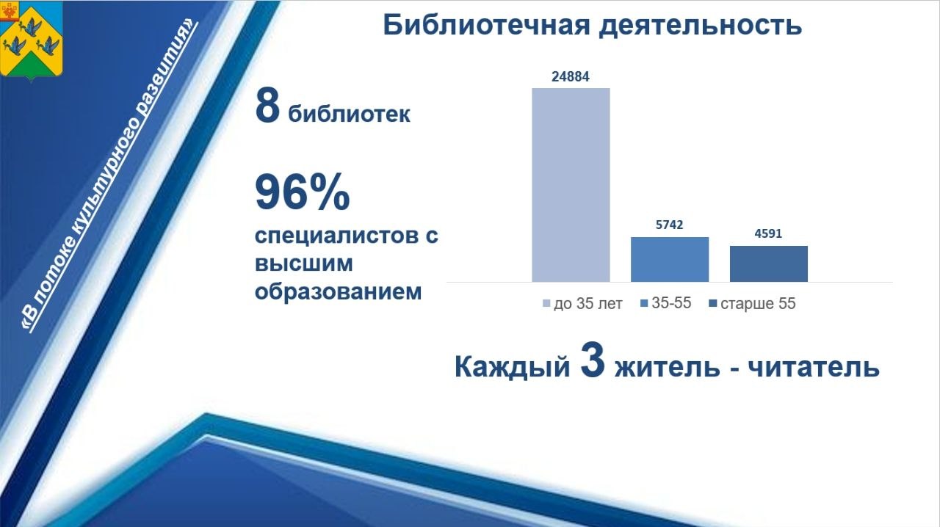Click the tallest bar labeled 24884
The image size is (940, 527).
(571, 184)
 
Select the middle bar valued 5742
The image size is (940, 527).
(670, 259)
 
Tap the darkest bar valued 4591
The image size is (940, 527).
(768, 263)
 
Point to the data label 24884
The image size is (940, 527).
(571, 76)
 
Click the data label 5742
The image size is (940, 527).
(670, 225)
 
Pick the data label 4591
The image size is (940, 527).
(768, 234)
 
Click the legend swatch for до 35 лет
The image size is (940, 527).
(546, 304)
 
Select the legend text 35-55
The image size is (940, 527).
(671, 303)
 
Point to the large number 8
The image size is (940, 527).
(267, 106)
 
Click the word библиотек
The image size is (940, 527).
(349, 115)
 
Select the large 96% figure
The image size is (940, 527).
(302, 192)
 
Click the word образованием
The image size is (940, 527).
(338, 291)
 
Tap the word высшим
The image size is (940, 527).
(303, 263)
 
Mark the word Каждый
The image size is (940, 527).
(512, 366)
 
